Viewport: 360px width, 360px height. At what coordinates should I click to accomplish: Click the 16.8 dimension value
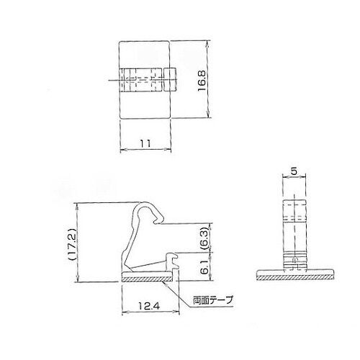click(x=202, y=81)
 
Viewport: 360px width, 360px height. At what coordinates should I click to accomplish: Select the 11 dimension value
click(x=145, y=144)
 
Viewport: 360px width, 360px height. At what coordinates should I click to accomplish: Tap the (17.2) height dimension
click(x=72, y=243)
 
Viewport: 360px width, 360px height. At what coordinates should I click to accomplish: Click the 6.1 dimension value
click(x=204, y=267)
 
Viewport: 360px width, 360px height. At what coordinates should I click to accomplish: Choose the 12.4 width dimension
click(x=149, y=306)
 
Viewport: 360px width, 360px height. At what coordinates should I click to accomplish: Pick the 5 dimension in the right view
click(x=294, y=171)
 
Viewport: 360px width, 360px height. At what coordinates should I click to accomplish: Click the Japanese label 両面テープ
click(x=213, y=300)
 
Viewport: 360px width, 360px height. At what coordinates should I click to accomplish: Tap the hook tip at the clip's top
click(x=159, y=220)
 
